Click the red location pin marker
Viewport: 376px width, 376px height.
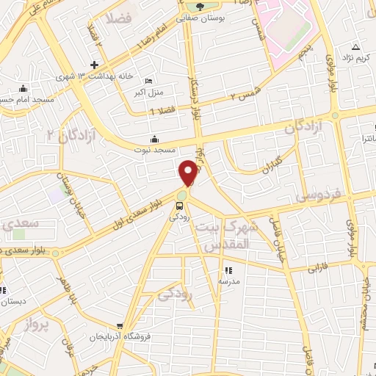coord(189,173)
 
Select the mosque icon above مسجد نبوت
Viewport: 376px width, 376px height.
coord(154,139)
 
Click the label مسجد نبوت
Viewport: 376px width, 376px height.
coord(154,150)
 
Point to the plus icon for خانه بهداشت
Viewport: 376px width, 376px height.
coord(94,65)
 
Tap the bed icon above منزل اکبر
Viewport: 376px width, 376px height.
coord(149,81)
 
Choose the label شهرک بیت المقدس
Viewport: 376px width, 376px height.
coord(233,236)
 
